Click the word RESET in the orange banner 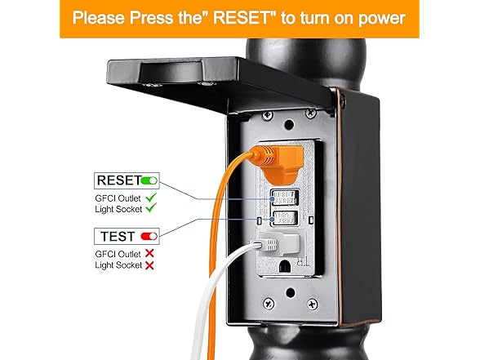[x=242, y=18]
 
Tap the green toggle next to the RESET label [x=149, y=180]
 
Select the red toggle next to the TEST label [x=149, y=237]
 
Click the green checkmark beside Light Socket [x=151, y=208]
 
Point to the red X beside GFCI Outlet [x=149, y=253]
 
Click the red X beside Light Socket [x=149, y=265]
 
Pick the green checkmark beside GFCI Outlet [x=151, y=198]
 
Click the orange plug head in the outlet [x=280, y=164]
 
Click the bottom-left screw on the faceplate [x=269, y=304]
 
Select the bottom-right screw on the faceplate [x=312, y=304]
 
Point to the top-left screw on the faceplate [x=267, y=115]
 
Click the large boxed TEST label [x=118, y=237]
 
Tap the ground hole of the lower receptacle [x=286, y=266]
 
